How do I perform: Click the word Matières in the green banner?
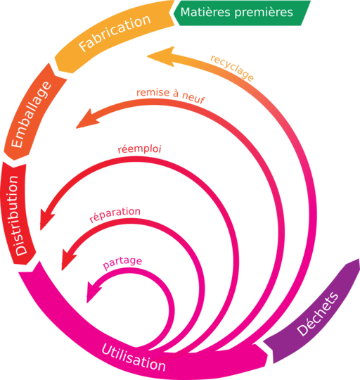pos(205,12)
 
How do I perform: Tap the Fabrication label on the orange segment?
pos(115,32)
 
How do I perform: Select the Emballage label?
pos(31,115)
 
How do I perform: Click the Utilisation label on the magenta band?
pos(134,357)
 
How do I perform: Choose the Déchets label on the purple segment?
pos(317,314)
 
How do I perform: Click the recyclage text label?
pos(232,68)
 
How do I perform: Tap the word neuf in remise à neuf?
pos(193,97)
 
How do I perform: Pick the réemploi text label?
pos(139,149)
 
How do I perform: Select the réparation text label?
pos(115,214)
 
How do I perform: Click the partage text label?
pos(122,262)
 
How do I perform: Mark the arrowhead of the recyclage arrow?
pos(161,56)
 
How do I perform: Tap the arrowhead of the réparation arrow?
pos(68,259)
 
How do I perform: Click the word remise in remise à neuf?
pos(153,93)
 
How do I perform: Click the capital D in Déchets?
pos(302,330)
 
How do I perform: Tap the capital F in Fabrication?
pos(84,46)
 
